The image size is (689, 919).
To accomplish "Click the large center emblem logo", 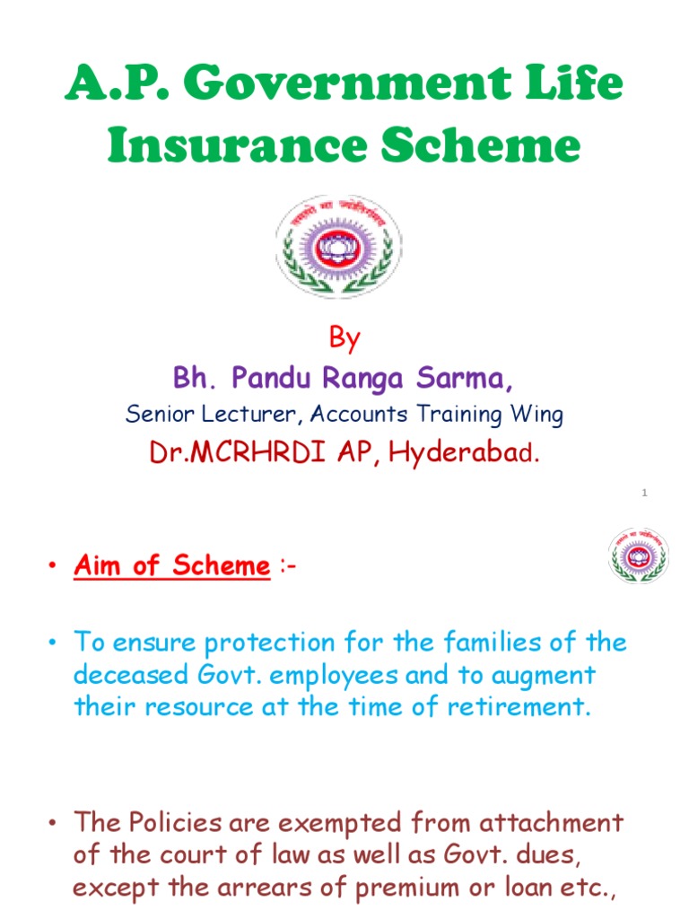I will point(338,248).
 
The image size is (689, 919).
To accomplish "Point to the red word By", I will point(344,338).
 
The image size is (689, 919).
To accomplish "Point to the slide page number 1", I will point(644,493).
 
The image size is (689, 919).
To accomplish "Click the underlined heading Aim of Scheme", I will point(171,565).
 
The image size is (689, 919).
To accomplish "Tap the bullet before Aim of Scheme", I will point(53,566).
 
